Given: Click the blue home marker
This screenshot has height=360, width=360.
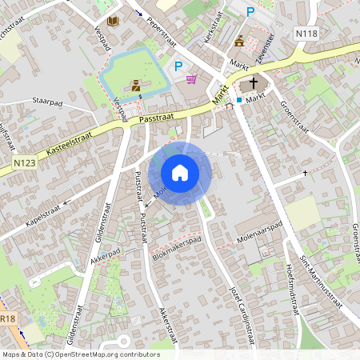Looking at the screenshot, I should click(180, 173).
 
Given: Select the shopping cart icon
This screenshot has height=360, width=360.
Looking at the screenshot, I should click(191, 78).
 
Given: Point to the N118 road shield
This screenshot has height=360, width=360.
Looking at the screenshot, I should click(306, 34).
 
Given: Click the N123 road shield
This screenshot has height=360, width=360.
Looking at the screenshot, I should click(25, 162).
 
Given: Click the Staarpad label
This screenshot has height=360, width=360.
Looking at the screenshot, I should click(47, 102).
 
